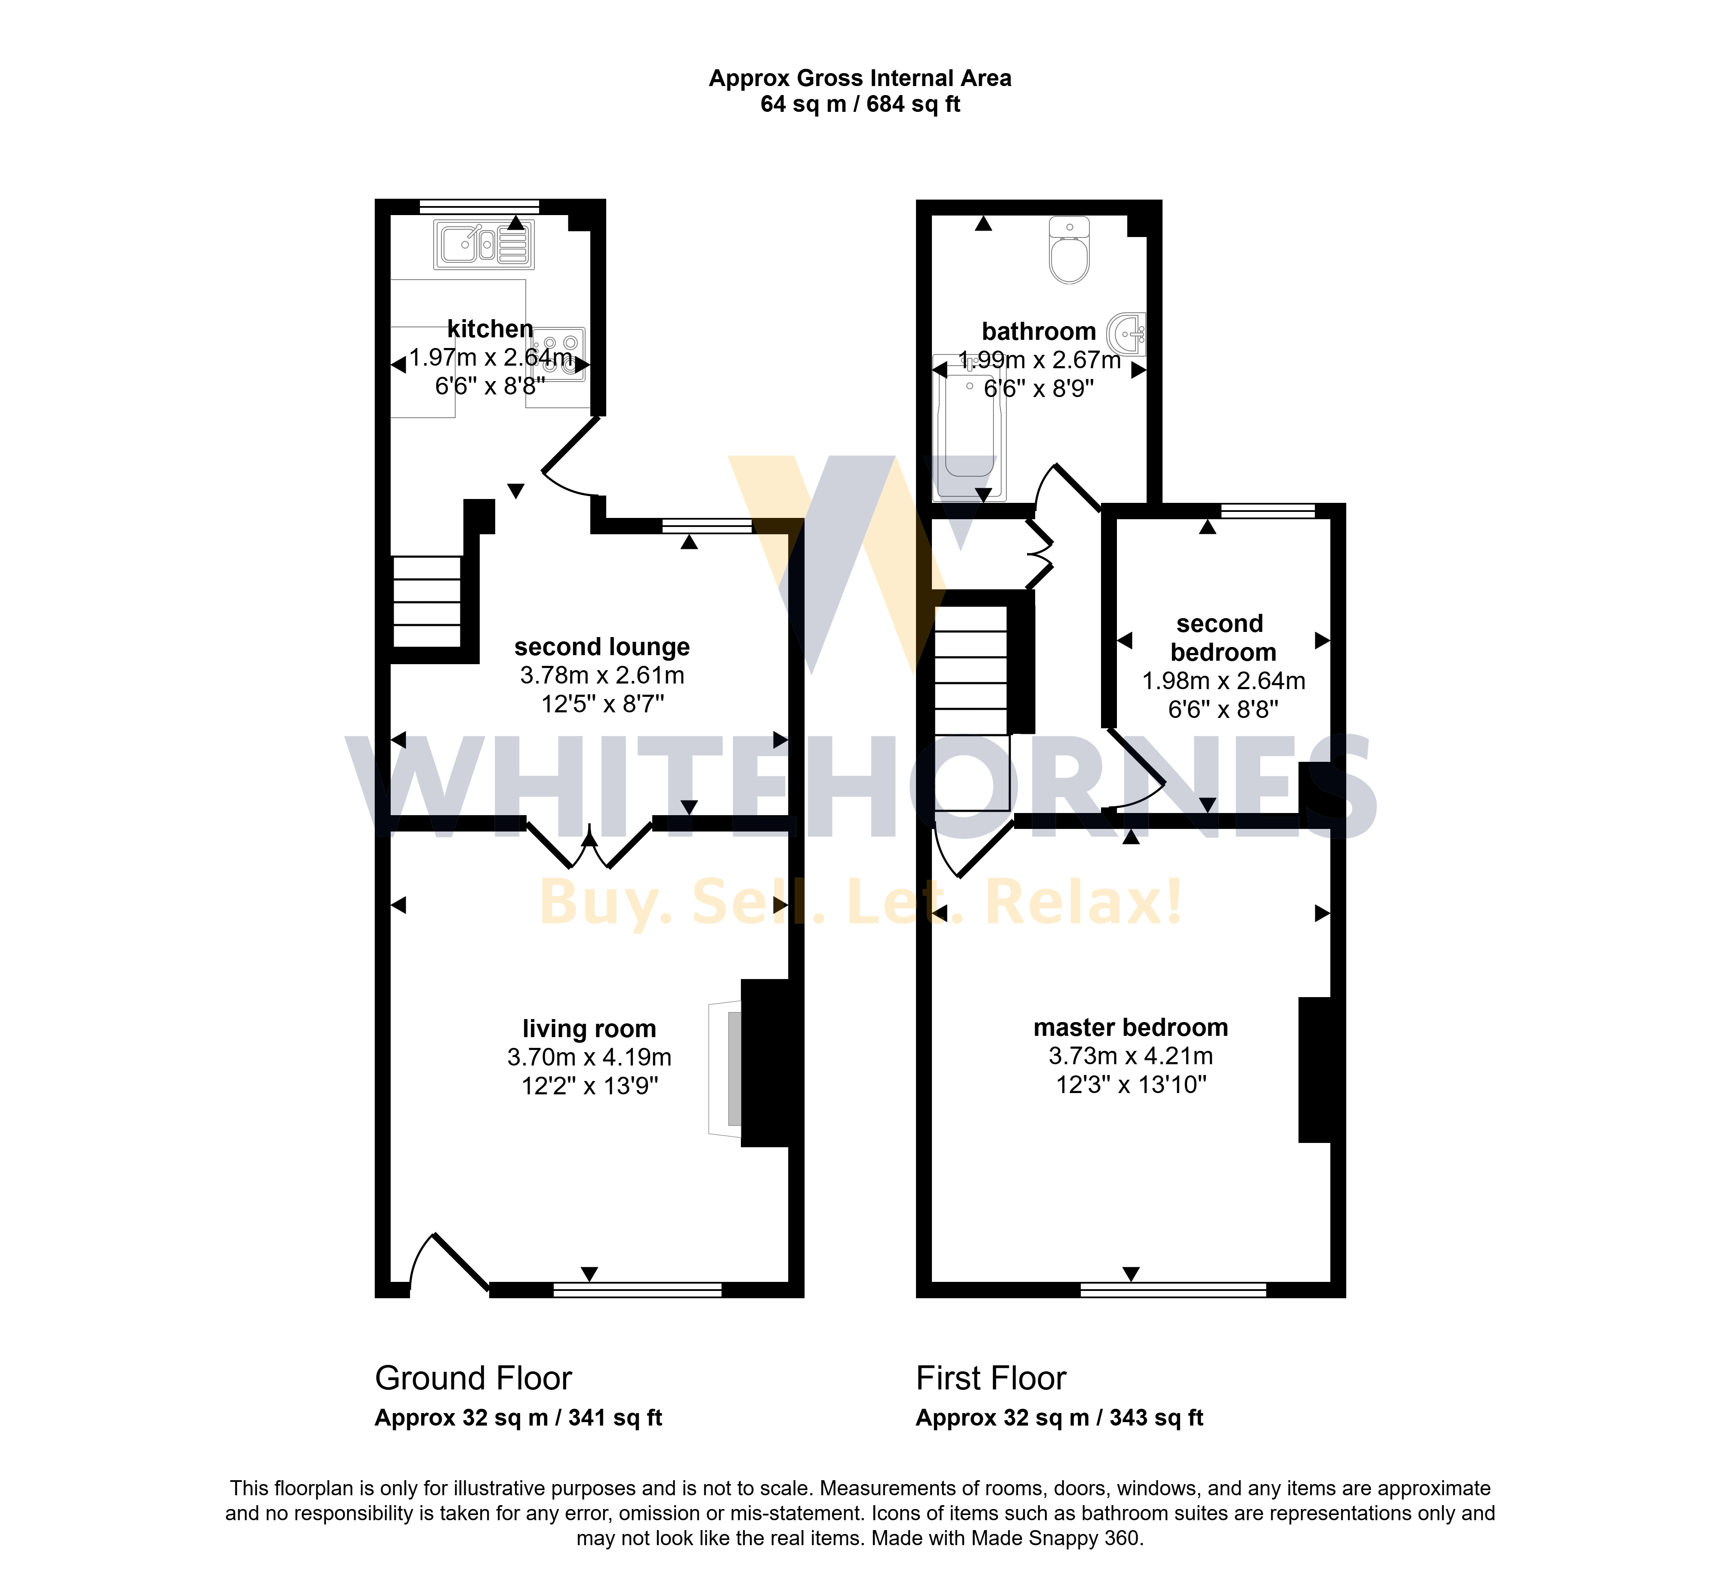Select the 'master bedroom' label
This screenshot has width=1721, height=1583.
click(1131, 1027)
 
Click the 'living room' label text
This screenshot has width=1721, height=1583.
click(589, 1029)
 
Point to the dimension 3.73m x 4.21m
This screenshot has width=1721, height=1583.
click(1131, 1056)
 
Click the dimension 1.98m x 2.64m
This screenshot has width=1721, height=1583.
click(1223, 681)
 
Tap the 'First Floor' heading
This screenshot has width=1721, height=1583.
click(991, 1378)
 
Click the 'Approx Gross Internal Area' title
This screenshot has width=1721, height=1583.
click(860, 78)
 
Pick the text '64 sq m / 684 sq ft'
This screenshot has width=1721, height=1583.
click(860, 105)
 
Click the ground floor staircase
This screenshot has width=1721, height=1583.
click(427, 601)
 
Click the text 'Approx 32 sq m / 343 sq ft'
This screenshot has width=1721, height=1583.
click(1060, 1418)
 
